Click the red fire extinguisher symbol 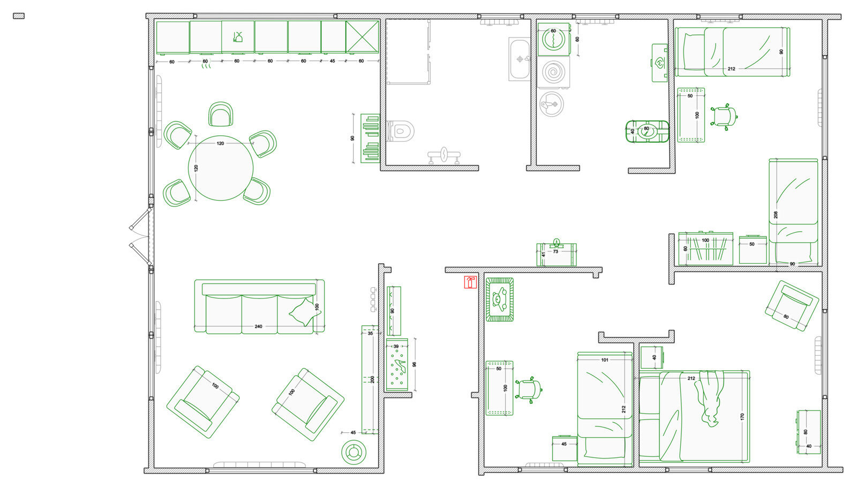pyautogui.click(x=470, y=282)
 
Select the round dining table pyautogui.click(x=220, y=167)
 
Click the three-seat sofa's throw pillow pyautogui.click(x=305, y=312)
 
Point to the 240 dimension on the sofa pyautogui.click(x=258, y=326)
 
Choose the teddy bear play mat pyautogui.click(x=500, y=300)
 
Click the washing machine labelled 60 pyautogui.click(x=553, y=40)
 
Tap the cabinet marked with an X pyautogui.click(x=362, y=37)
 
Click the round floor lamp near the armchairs pyautogui.click(x=354, y=452)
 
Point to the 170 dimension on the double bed pyautogui.click(x=742, y=416)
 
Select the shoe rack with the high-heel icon pyautogui.click(x=397, y=364)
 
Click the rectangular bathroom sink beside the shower pyautogui.click(x=519, y=59)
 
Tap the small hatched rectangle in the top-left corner pyautogui.click(x=19, y=16)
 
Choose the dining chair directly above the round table pyautogui.click(x=221, y=114)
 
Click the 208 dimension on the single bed pyautogui.click(x=776, y=215)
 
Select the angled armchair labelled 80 pyautogui.click(x=792, y=305)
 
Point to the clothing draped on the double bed pyautogui.click(x=710, y=398)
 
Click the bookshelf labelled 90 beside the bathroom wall pyautogui.click(x=370, y=138)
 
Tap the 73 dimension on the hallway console pyautogui.click(x=555, y=251)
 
